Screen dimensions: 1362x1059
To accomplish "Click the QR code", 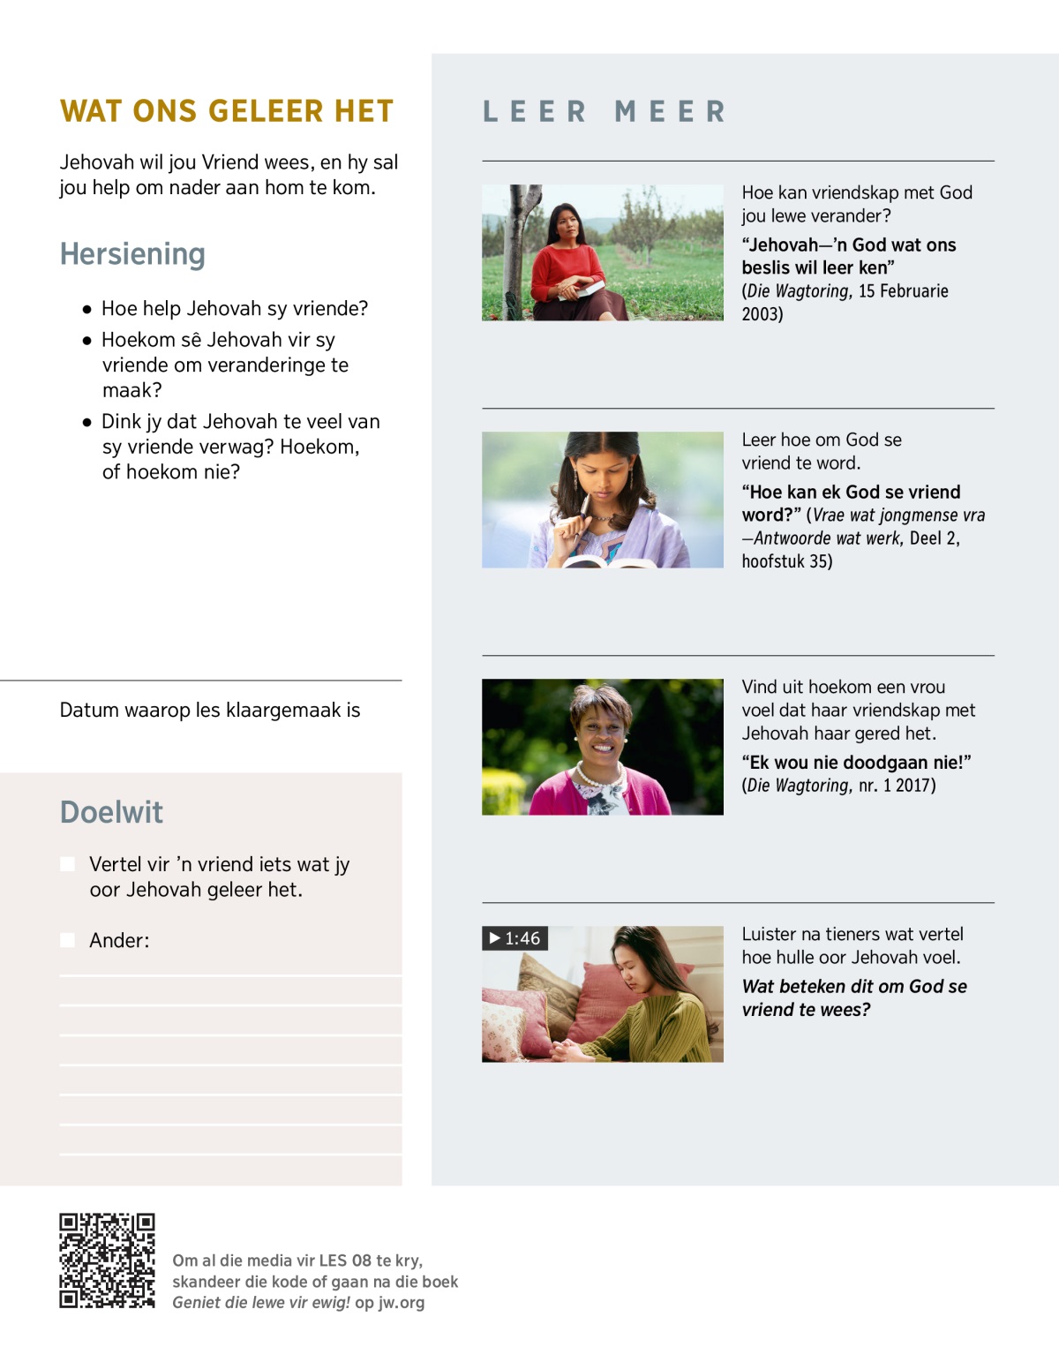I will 107,1260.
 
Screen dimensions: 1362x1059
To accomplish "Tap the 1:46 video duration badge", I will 515,938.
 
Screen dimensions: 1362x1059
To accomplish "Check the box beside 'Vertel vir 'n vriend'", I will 68,864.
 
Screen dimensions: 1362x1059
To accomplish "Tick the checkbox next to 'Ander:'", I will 68,940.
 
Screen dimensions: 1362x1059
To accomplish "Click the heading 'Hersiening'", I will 132,254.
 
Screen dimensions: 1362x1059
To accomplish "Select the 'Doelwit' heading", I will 111,812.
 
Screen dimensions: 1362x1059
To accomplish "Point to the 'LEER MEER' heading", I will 605,112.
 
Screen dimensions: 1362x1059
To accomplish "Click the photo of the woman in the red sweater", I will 602,252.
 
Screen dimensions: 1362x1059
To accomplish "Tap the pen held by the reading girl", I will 582,515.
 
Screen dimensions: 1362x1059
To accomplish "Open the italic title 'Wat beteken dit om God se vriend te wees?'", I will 853,998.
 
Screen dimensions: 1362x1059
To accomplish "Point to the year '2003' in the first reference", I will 761,314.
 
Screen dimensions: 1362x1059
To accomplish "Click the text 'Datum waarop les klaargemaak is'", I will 210,711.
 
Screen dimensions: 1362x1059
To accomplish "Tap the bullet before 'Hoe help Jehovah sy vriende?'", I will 86,310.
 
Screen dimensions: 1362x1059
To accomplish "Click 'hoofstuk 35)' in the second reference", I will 786,561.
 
